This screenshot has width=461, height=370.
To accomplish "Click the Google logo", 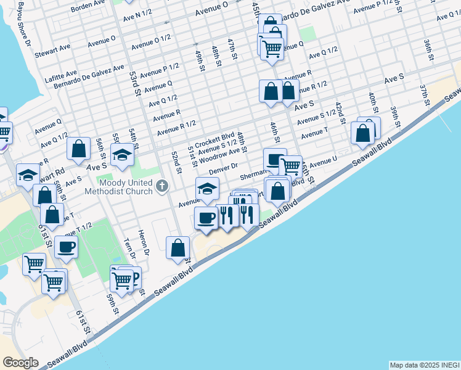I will click(x=20, y=363).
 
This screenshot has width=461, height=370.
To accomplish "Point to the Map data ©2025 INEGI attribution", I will click(x=424, y=365).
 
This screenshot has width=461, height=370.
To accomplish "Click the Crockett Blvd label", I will click(x=215, y=136).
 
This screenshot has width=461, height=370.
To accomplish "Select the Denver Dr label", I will click(x=222, y=166).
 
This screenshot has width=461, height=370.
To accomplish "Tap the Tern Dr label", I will click(x=128, y=249).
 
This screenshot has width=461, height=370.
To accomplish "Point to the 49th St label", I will click(x=200, y=60).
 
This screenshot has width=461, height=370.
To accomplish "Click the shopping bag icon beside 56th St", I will click(x=78, y=149).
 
